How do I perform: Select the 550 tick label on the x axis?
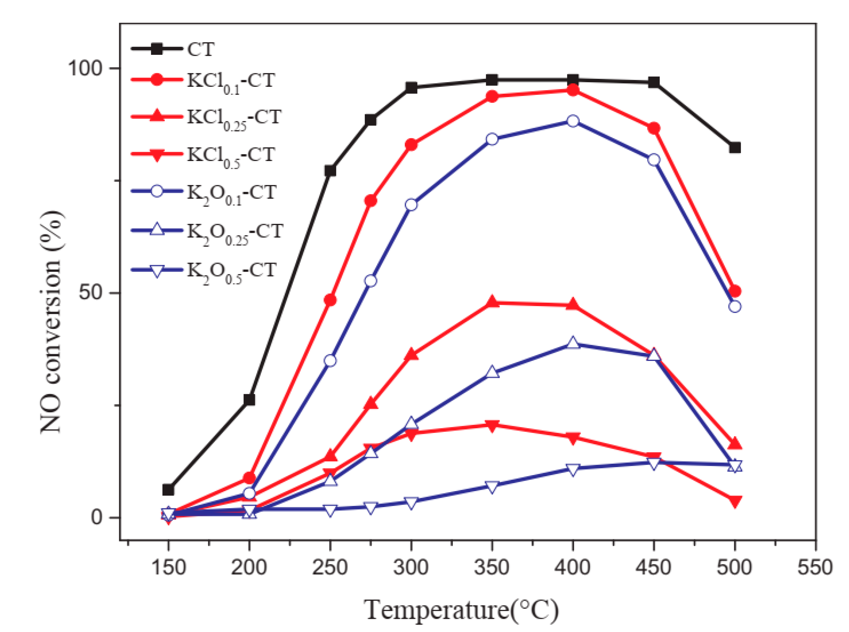coord(815,567)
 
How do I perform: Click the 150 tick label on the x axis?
coord(168,567)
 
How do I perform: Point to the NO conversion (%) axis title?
coord(52,322)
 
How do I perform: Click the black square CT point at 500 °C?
coord(734,148)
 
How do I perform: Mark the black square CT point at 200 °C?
coord(249,400)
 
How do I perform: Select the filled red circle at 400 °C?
coord(573,90)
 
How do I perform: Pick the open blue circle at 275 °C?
coord(370,281)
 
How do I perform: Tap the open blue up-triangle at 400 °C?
coord(573,343)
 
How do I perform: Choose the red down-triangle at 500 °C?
coord(734,502)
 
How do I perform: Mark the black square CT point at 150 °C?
coord(168,490)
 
